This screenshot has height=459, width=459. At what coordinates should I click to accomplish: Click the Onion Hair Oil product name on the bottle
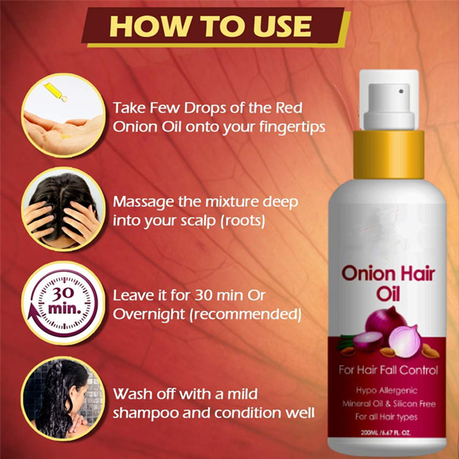[x=389, y=281]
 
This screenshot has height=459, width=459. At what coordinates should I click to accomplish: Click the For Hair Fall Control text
[x=388, y=370]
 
